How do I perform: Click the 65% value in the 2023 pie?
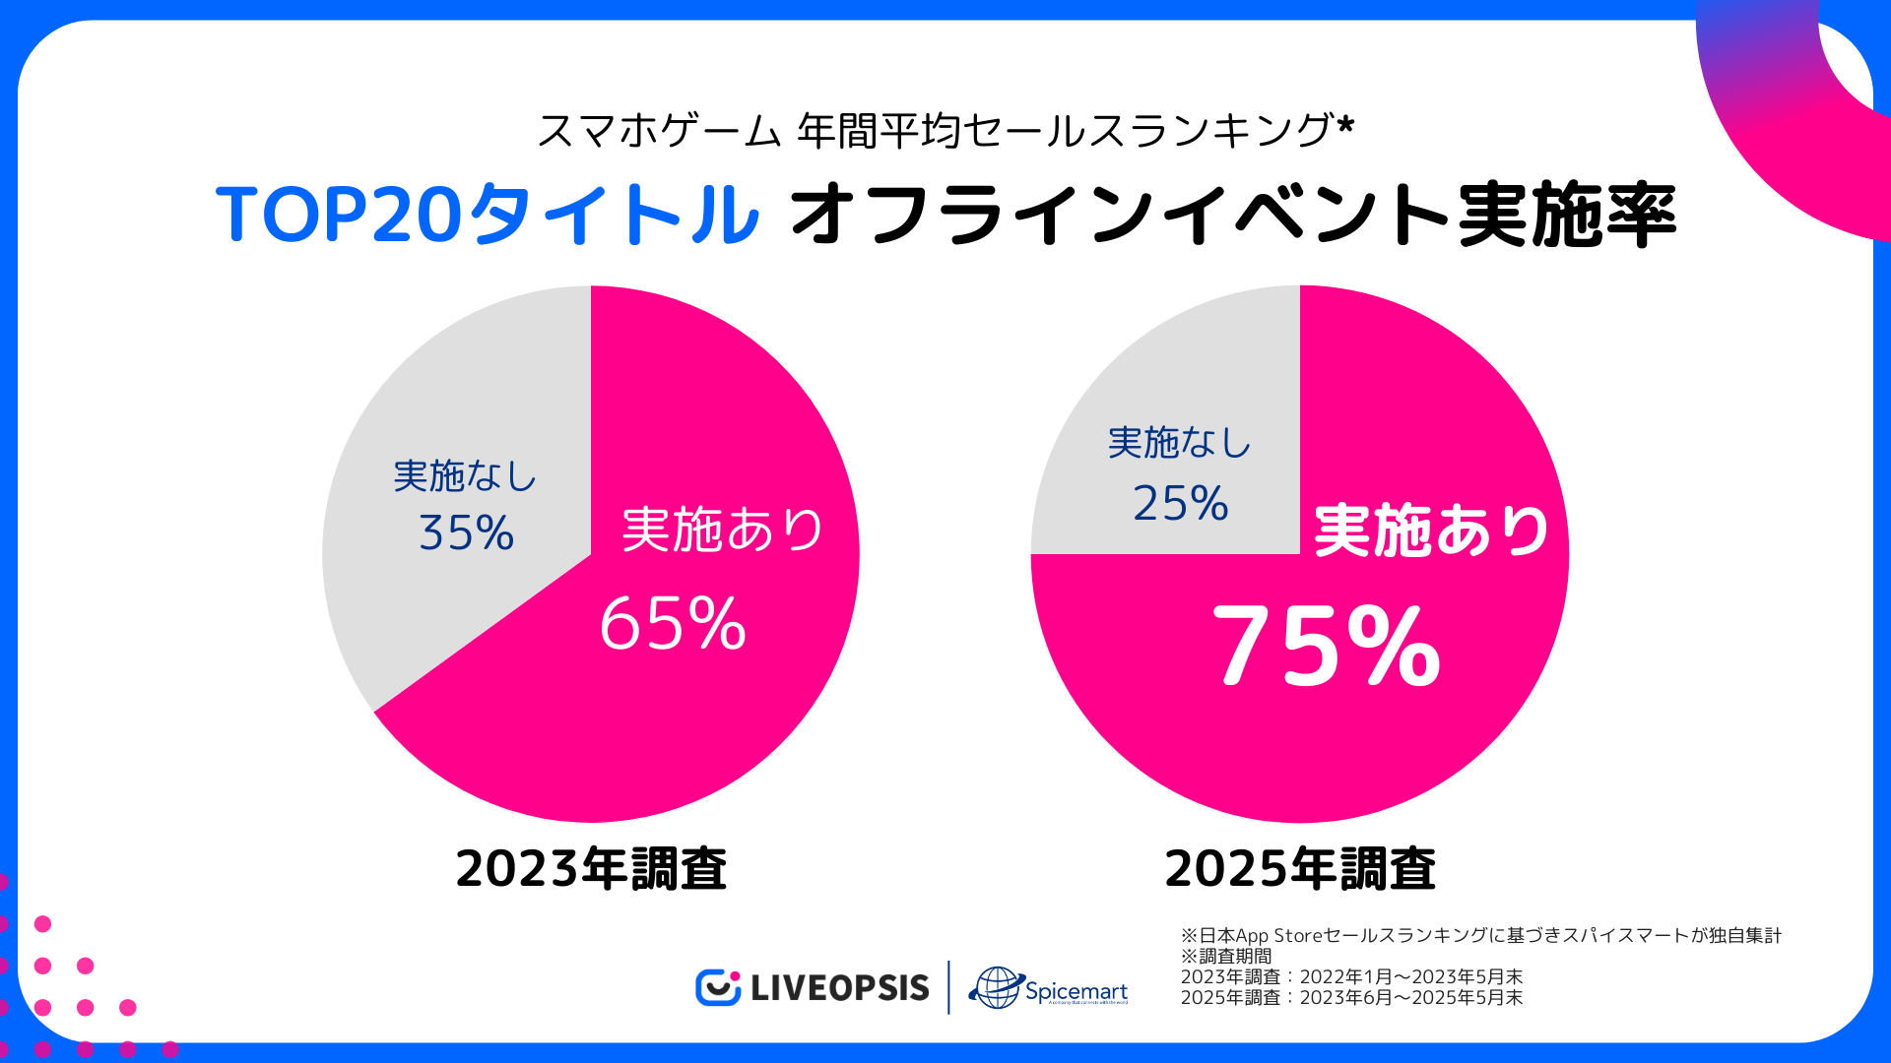[673, 623]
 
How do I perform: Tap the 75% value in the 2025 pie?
[1327, 646]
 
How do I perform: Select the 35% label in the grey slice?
[466, 532]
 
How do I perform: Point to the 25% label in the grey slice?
[1180, 503]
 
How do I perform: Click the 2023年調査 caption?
[591, 869]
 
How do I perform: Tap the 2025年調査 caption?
[1300, 869]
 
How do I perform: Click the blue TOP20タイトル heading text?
[488, 214]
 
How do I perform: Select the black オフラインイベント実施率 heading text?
[1232, 214]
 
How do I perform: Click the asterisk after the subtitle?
[1345, 125]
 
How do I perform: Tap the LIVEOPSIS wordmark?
[839, 987]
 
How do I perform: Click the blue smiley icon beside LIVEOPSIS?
[717, 987]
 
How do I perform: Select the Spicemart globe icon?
[996, 987]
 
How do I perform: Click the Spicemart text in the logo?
[1076, 990]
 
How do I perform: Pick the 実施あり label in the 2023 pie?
[723, 530]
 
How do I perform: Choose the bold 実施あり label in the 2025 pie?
[1431, 531]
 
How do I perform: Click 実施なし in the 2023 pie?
[465, 476]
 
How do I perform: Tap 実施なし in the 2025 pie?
[1179, 443]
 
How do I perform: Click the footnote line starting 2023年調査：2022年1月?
[1351, 976]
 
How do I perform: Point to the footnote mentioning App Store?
[1481, 935]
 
